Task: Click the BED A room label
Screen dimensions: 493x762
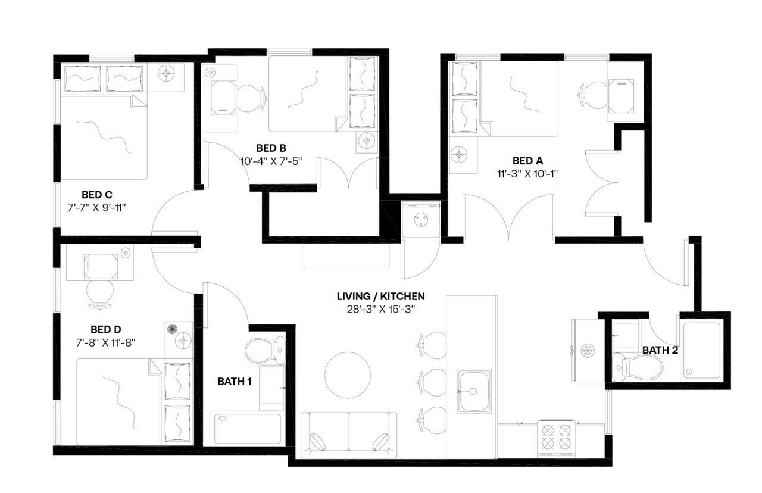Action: pyautogui.click(x=527, y=161)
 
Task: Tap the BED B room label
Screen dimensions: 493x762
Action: pyautogui.click(x=271, y=148)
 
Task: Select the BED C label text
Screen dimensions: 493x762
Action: pyautogui.click(x=97, y=195)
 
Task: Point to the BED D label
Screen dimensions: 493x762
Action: pyautogui.click(x=106, y=329)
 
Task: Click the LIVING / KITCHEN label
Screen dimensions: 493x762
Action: pyautogui.click(x=380, y=296)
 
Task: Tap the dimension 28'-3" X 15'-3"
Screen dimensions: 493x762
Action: pyautogui.click(x=380, y=309)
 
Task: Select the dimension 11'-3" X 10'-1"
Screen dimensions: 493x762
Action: pyautogui.click(x=527, y=174)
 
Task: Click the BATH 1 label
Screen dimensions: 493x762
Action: pyautogui.click(x=234, y=381)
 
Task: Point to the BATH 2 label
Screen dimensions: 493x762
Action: pyautogui.click(x=660, y=350)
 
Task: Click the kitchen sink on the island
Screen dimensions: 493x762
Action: pyautogui.click(x=474, y=391)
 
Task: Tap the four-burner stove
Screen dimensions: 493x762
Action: pyautogui.click(x=557, y=438)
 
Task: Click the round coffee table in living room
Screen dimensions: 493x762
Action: pyautogui.click(x=347, y=375)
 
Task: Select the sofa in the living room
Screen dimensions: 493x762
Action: pyautogui.click(x=349, y=434)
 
